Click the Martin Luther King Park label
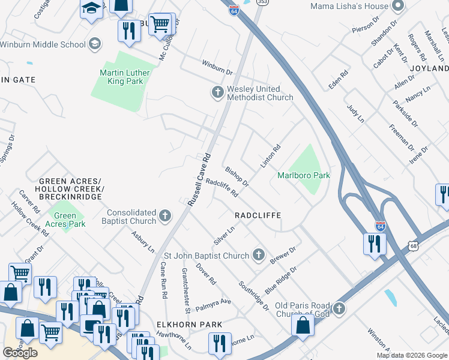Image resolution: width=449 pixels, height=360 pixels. point(125,77)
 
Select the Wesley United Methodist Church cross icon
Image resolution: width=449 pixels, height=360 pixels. point(217,92)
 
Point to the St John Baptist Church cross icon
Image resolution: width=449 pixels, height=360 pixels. point(259,256)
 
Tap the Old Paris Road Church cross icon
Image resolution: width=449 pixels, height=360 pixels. point(339,308)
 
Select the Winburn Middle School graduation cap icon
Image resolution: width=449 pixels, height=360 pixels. point(95,44)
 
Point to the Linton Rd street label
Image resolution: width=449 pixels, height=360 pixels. point(271,157)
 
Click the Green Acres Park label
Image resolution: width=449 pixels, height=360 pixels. point(65,220)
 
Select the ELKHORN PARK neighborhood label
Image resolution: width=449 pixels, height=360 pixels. point(190,325)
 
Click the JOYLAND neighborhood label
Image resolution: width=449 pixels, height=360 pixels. point(429,68)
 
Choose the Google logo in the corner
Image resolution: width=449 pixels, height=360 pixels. point(20,352)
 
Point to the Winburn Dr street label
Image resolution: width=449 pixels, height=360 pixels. point(217,71)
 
